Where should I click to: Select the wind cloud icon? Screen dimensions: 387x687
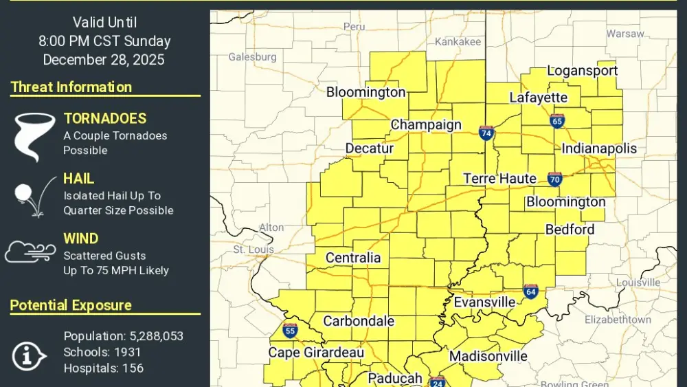click(30, 252)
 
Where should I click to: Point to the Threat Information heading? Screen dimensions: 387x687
click(71, 87)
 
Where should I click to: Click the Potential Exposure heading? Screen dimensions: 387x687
click(71, 305)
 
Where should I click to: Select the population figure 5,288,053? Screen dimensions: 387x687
click(156, 336)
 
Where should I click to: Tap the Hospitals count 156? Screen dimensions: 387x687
click(132, 368)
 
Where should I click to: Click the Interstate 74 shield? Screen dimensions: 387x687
click(486, 133)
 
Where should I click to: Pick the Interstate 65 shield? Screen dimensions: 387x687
click(557, 121)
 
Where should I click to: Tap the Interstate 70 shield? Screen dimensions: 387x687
click(555, 179)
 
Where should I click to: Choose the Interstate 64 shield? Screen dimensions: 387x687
click(530, 291)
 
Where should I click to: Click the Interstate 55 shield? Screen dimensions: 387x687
click(290, 331)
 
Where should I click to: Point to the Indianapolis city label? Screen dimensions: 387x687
click(599, 148)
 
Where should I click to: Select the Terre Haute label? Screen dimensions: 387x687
click(499, 179)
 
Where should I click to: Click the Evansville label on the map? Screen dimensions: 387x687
click(484, 302)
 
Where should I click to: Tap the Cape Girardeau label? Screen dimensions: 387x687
click(315, 353)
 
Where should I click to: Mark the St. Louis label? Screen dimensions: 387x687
click(254, 249)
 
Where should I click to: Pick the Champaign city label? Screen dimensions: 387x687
click(426, 125)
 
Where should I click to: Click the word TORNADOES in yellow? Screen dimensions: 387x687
click(105, 118)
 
